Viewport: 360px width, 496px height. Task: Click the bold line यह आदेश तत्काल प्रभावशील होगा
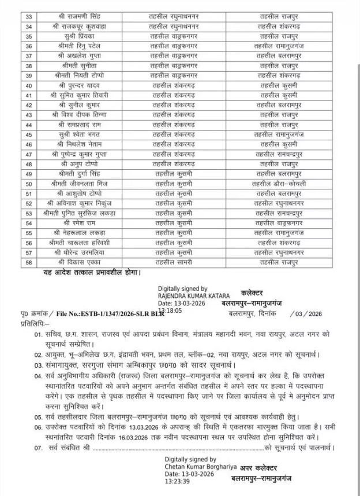[x=91, y=271]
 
